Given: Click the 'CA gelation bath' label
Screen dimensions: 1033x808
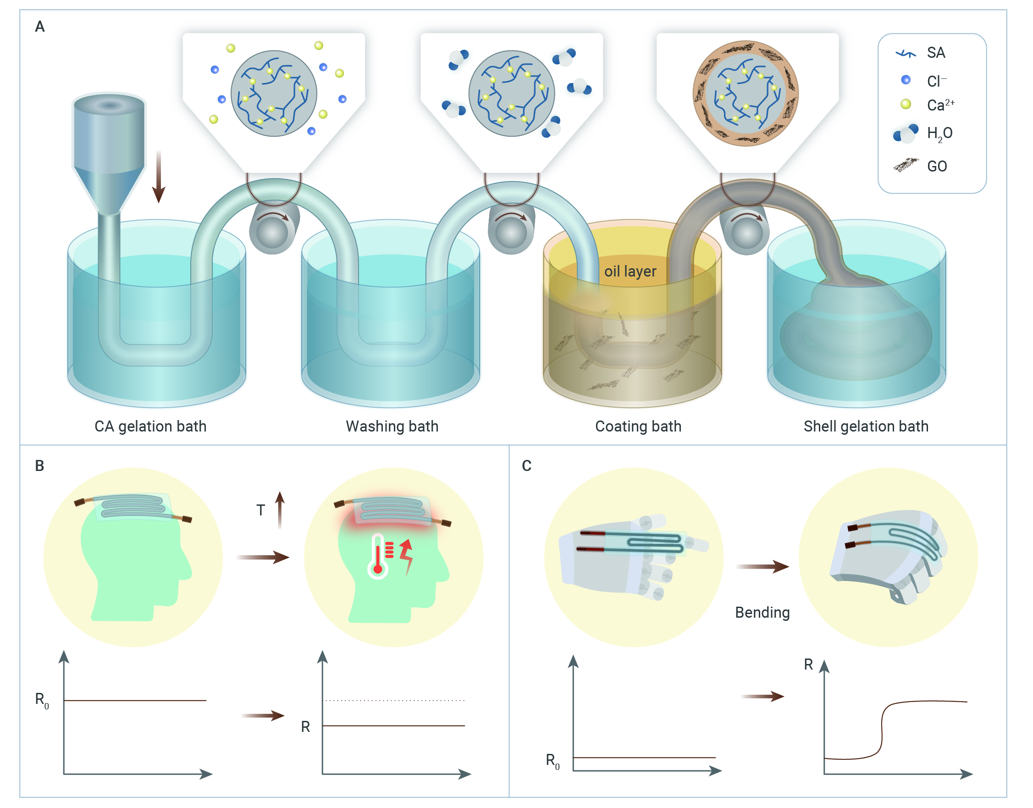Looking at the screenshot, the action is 150,427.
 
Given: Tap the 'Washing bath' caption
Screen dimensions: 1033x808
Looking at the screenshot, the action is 392,427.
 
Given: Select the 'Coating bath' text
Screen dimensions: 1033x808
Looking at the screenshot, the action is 638,427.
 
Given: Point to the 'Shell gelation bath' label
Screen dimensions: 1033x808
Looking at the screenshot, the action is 866,427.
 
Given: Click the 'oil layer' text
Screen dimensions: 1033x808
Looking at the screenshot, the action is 630,271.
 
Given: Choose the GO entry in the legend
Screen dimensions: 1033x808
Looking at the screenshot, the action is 937,166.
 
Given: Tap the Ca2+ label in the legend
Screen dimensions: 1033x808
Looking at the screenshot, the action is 940,105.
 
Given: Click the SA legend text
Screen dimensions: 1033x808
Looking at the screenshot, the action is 935,53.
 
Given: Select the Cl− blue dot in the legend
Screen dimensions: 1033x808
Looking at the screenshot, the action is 905,80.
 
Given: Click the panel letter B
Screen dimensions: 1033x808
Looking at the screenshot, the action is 40,466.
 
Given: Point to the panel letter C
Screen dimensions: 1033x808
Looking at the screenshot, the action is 526,466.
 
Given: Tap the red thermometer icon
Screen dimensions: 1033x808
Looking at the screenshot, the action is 378,557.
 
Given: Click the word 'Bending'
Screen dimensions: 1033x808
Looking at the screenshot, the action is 762,613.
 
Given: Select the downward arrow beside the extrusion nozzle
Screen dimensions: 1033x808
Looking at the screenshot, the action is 159,177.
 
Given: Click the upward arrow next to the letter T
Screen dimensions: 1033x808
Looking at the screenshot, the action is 280,510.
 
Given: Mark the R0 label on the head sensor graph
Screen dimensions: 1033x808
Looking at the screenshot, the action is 42,701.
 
